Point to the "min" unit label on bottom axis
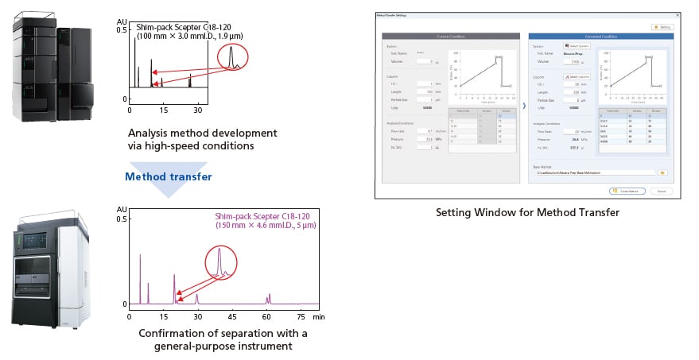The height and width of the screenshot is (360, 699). pos(318,316)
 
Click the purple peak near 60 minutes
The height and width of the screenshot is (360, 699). pos(268,299)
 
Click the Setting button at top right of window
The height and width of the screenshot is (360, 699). pos(663,27)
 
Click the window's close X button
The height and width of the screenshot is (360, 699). pos(678,15)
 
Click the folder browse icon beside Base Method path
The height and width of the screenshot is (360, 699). pos(662,172)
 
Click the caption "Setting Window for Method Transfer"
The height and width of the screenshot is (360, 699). pos(526,212)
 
